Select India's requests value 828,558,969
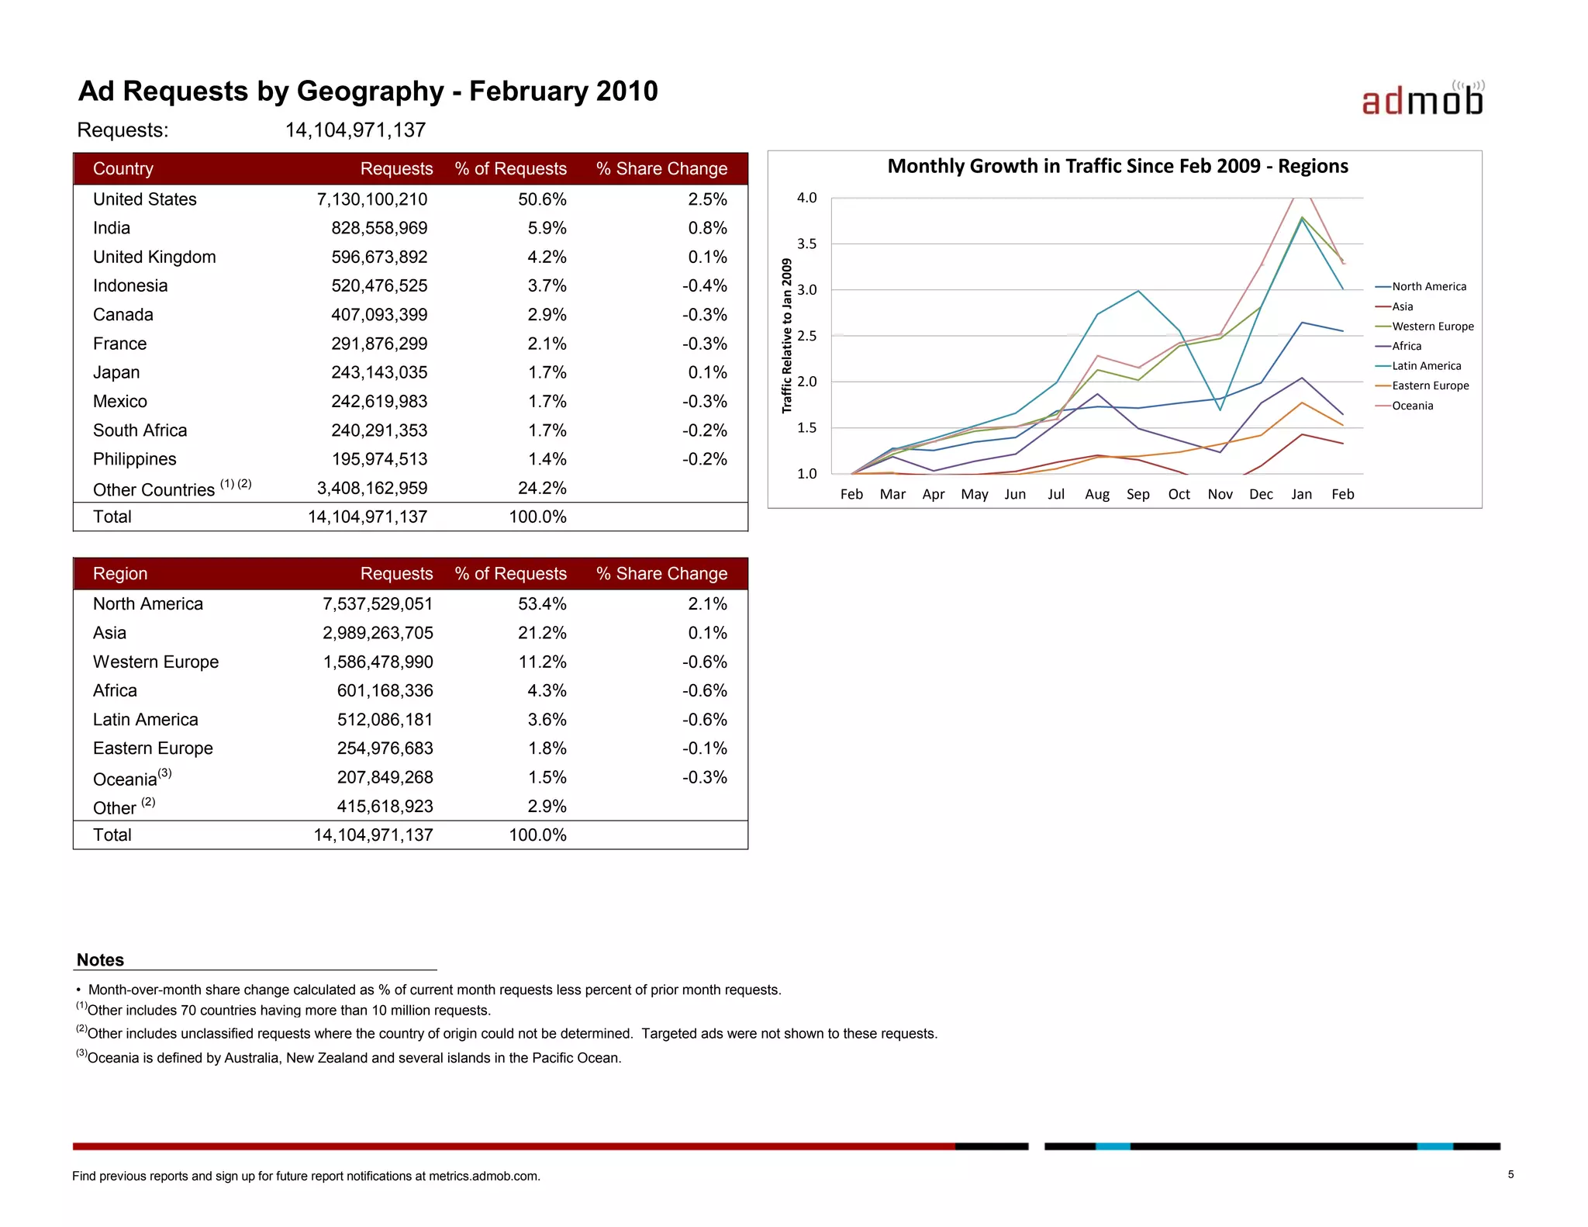[x=379, y=228]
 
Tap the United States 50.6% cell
[x=542, y=199]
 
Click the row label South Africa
[x=140, y=430]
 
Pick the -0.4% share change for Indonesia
[x=704, y=285]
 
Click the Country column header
[x=123, y=169]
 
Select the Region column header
[x=120, y=574]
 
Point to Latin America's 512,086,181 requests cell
[x=385, y=720]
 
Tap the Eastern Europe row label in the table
[x=153, y=748]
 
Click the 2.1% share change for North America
[x=707, y=604]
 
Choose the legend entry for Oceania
[x=1412, y=406]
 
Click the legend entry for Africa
[x=1407, y=346]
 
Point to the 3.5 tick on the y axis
[x=806, y=244]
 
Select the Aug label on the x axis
[x=1096, y=494]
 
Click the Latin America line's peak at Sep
[x=1137, y=291]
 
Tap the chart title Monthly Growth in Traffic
[x=1117, y=166]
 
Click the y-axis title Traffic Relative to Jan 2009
[x=787, y=336]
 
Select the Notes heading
[x=100, y=960]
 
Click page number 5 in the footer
[x=1510, y=1174]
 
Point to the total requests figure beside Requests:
[x=355, y=130]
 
